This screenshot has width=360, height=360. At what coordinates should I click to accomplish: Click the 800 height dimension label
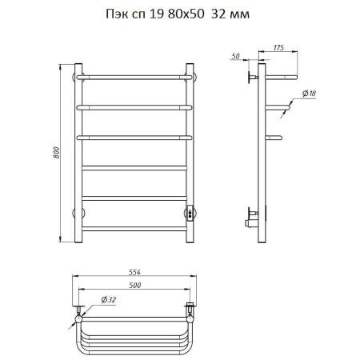click(x=57, y=153)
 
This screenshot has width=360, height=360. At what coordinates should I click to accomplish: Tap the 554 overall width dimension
click(x=134, y=272)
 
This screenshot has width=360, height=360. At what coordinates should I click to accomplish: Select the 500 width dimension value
click(x=134, y=285)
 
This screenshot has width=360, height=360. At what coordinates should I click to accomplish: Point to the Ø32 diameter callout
click(x=109, y=300)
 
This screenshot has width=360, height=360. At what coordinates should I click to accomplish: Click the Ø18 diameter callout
click(x=310, y=94)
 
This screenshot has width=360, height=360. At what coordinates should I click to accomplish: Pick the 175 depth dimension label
click(x=278, y=48)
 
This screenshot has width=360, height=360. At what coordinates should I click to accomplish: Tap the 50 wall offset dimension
click(x=235, y=56)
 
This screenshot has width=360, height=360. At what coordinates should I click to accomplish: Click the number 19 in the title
click(x=157, y=14)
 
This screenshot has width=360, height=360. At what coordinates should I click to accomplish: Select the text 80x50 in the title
click(x=186, y=14)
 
